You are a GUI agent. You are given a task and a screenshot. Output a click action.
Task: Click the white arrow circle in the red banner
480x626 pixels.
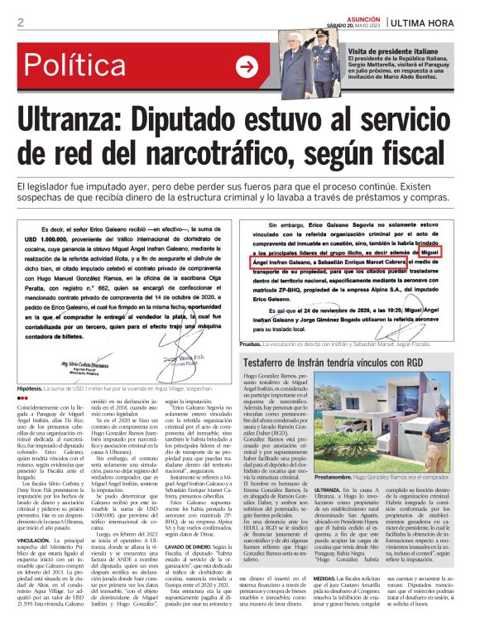click(246, 67)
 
